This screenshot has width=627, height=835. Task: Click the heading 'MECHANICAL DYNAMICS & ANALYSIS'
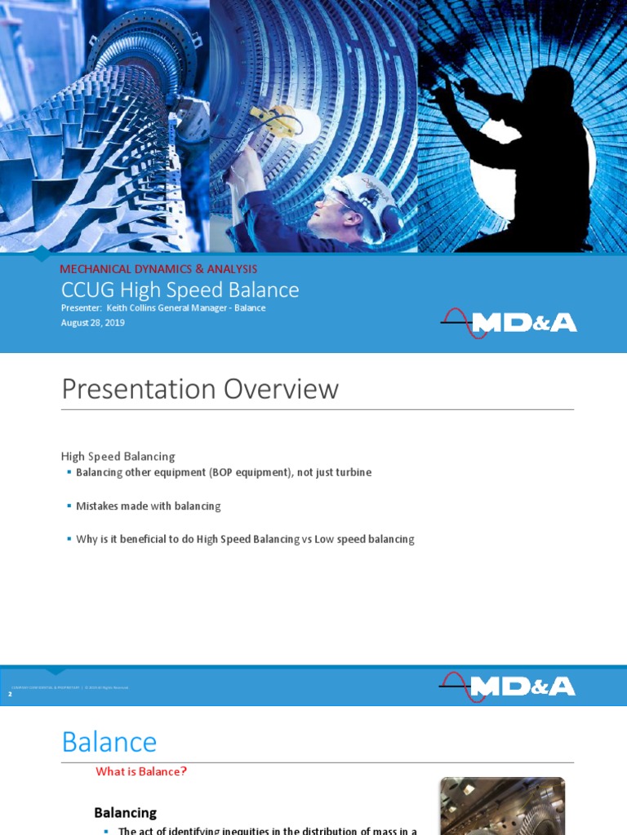click(x=158, y=268)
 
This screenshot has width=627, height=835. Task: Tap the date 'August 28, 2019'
click(x=92, y=323)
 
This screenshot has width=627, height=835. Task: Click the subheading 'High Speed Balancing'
click(x=118, y=456)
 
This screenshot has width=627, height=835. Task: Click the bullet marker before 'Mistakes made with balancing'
click(x=69, y=506)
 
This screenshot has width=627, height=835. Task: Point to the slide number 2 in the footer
click(x=10, y=693)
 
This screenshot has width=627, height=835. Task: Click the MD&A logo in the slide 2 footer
click(x=508, y=687)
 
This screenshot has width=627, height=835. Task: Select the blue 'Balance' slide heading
click(x=109, y=742)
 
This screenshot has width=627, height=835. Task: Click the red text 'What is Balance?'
click(x=141, y=771)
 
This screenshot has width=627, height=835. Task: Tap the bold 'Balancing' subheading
click(x=125, y=812)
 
